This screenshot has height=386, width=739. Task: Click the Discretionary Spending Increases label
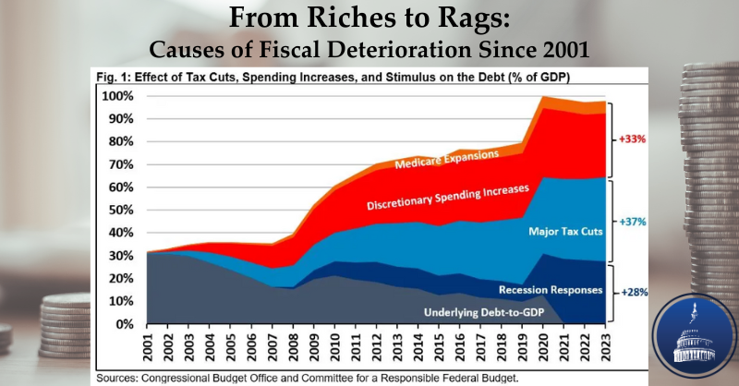point(447,196)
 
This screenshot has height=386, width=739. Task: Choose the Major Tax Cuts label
point(565,230)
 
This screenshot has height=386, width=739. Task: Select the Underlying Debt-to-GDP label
point(497,312)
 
